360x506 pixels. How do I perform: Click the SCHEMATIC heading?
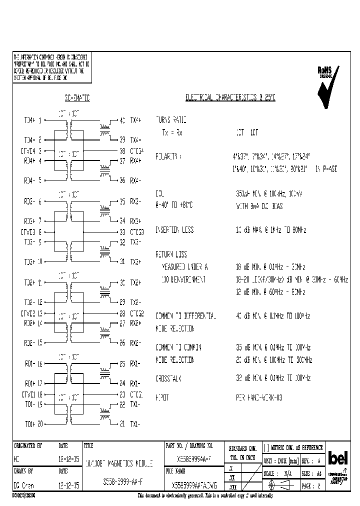[76, 98]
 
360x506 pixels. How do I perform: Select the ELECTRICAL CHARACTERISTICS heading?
[230, 97]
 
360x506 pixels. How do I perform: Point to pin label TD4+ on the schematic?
[30, 120]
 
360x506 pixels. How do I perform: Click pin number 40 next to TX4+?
[122, 120]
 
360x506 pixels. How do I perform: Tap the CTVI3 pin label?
[28, 232]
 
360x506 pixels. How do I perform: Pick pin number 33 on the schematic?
[122, 232]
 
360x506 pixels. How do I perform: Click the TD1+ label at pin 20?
[30, 423]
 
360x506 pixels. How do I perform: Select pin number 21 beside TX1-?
[122, 424]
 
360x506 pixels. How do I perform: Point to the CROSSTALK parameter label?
[168, 378]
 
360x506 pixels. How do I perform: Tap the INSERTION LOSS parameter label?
[174, 230]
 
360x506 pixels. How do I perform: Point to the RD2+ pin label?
[30, 323]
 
